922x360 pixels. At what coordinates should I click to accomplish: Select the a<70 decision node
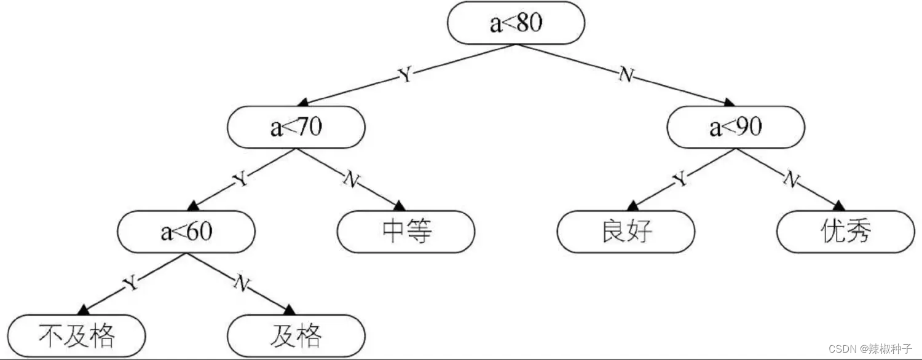click(x=296, y=128)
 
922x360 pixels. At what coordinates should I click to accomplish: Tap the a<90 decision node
click(x=736, y=128)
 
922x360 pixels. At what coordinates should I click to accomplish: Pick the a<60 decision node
click(x=186, y=232)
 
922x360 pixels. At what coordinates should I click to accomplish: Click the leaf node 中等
click(x=406, y=232)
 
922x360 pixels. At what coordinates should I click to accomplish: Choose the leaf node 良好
click(x=626, y=232)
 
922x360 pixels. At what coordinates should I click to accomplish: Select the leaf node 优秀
click(x=846, y=232)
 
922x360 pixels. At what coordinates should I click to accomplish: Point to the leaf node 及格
click(x=296, y=335)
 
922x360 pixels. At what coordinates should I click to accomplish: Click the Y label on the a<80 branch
click(x=404, y=76)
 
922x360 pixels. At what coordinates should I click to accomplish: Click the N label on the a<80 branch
click(x=626, y=76)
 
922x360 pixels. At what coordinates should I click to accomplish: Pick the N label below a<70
click(x=351, y=179)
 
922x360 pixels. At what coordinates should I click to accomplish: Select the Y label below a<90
click(x=680, y=179)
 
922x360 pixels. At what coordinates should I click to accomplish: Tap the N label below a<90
click(x=791, y=179)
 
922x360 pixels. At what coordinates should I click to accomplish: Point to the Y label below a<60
click(x=130, y=283)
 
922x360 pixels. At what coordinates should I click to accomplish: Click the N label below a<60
click(x=241, y=283)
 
